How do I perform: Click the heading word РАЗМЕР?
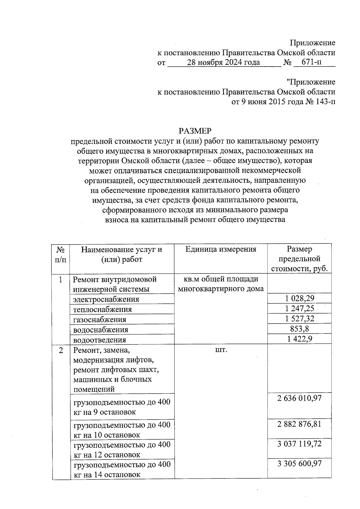(x=195, y=131)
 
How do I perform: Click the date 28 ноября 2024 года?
(x=223, y=62)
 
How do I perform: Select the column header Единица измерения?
(x=221, y=249)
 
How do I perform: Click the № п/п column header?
(x=61, y=254)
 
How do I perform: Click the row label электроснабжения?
(x=106, y=299)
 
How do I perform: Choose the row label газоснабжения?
(x=100, y=319)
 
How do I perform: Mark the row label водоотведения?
(x=100, y=340)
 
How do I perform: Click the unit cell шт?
(x=221, y=350)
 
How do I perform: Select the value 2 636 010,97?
(x=299, y=398)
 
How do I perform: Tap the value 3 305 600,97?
(x=299, y=464)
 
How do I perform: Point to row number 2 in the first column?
(x=61, y=350)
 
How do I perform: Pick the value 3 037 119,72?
(x=299, y=444)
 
